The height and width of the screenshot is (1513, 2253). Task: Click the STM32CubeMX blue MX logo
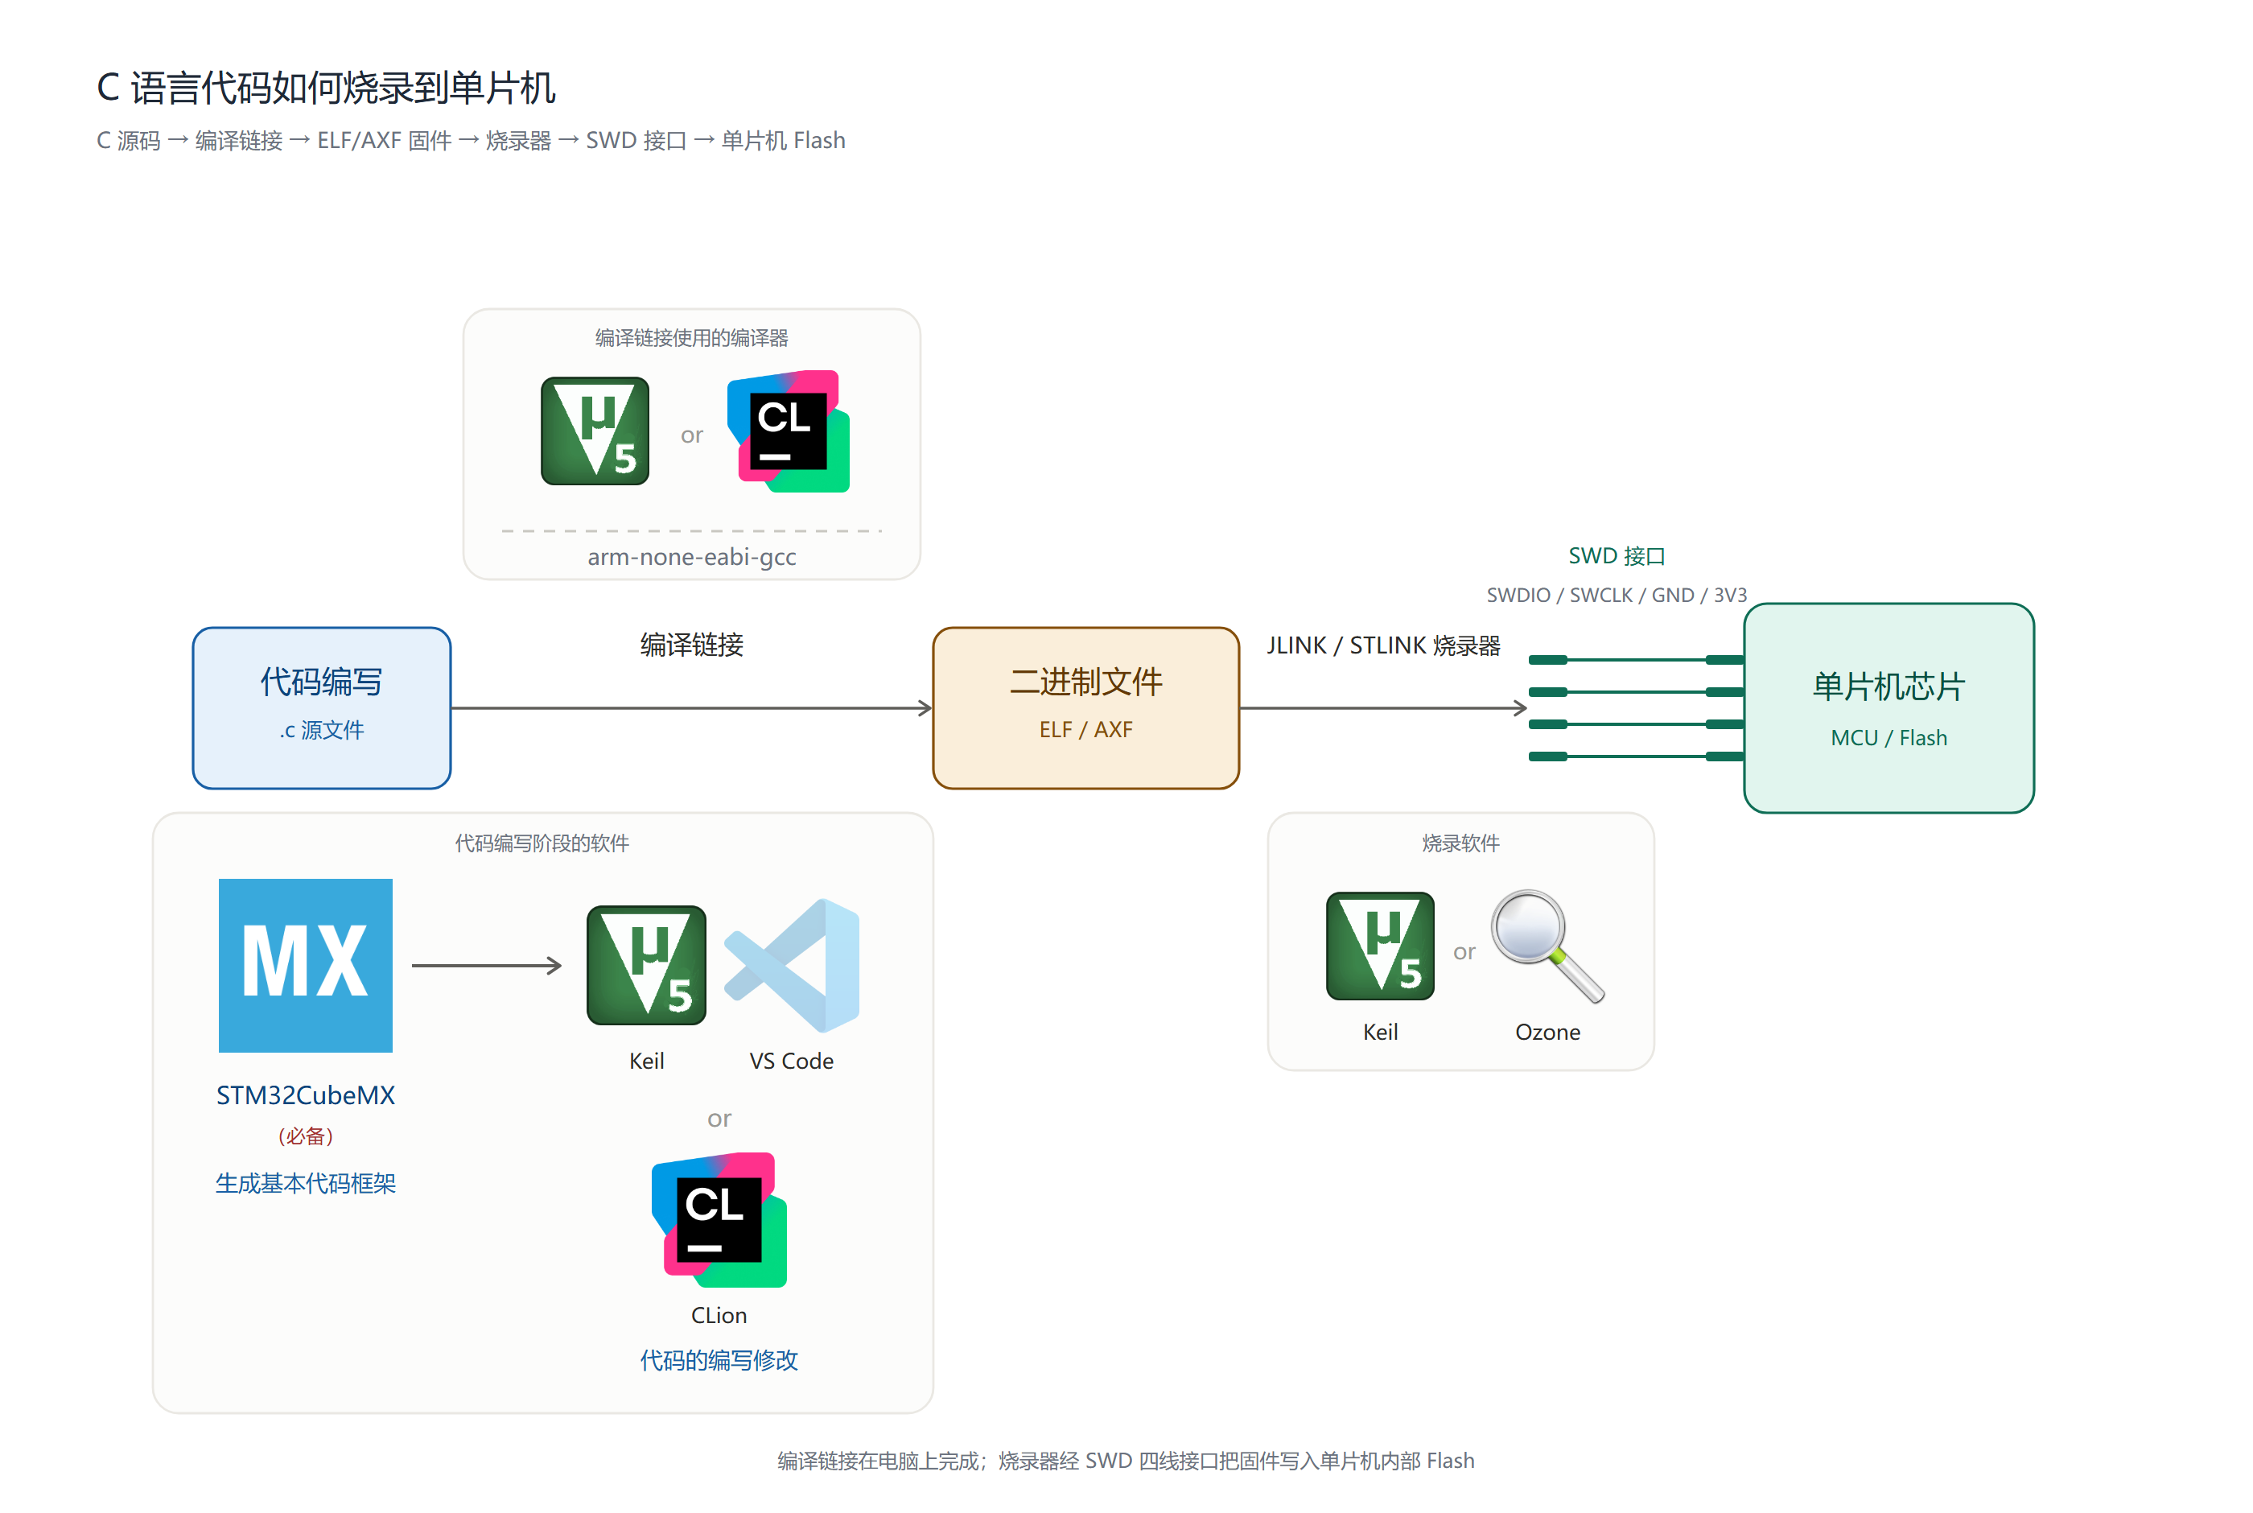(x=305, y=965)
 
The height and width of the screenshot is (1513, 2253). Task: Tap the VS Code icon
(x=792, y=965)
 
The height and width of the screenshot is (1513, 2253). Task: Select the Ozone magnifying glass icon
(x=1547, y=946)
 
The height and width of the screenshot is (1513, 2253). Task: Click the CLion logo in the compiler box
(x=788, y=431)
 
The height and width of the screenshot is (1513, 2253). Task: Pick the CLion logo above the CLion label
(x=719, y=1220)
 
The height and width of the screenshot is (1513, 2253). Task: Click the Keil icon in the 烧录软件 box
(x=1380, y=946)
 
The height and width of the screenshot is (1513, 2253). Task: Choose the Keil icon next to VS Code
(x=646, y=965)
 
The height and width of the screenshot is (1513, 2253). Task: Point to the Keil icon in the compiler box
(x=595, y=431)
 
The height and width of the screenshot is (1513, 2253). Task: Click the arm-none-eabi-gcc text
(x=691, y=557)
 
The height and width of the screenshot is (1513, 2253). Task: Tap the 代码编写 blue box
(x=321, y=708)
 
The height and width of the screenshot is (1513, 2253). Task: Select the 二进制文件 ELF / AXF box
(x=1086, y=708)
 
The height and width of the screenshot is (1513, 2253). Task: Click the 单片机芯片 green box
(x=1888, y=708)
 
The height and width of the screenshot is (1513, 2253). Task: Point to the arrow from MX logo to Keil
(x=487, y=965)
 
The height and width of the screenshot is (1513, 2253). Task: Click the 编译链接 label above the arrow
(x=691, y=645)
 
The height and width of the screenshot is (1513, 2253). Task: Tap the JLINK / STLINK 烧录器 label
(x=1383, y=645)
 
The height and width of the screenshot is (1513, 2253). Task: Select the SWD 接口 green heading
(x=1617, y=556)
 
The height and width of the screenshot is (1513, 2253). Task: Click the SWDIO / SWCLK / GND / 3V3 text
(x=1617, y=595)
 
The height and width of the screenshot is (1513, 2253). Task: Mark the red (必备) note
(x=306, y=1136)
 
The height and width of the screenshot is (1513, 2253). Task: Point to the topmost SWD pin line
(x=1636, y=660)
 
